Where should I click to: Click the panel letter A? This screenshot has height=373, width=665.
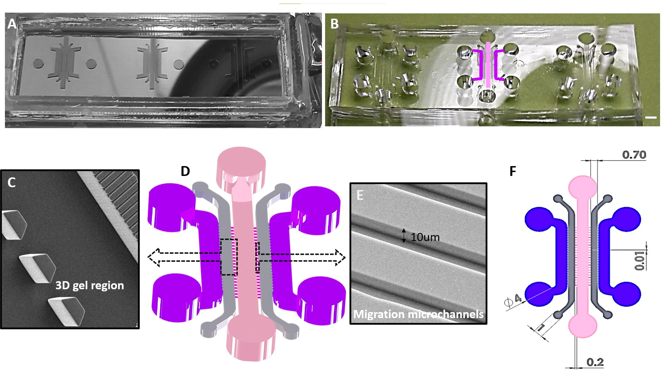(x=12, y=24)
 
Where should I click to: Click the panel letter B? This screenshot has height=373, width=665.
(x=334, y=24)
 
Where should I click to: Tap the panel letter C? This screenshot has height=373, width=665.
(x=12, y=182)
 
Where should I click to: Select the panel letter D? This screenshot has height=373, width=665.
(x=185, y=171)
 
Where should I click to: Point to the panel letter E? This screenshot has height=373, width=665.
(x=360, y=195)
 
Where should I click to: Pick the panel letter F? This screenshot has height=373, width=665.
(x=513, y=171)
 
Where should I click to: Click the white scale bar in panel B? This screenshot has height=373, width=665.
(x=651, y=117)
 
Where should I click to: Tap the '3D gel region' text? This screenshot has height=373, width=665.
(x=89, y=285)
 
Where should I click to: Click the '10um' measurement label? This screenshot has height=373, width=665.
(x=425, y=238)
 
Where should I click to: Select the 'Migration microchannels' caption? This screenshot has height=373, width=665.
(x=418, y=314)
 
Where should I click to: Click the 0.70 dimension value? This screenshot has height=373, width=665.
(x=634, y=155)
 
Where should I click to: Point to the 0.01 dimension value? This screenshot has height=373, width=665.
(x=640, y=261)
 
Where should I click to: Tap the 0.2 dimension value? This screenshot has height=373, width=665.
(x=595, y=362)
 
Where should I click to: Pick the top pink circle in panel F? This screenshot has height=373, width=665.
(x=583, y=185)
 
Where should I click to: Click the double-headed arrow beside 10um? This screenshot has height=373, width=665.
(x=404, y=236)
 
